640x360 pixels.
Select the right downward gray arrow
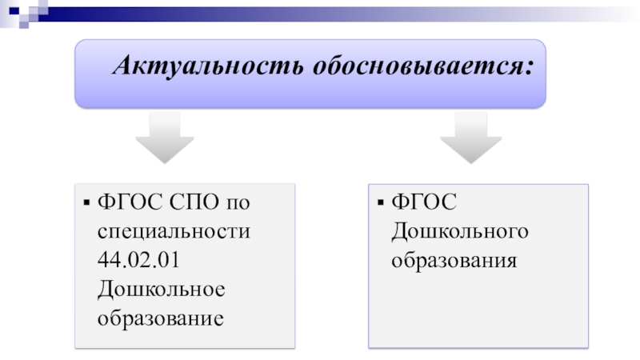click(471, 138)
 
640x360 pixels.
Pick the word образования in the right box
click(454, 261)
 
